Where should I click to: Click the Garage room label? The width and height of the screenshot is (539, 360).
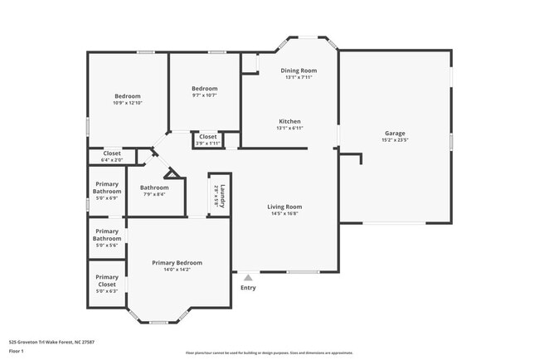click(x=394, y=133)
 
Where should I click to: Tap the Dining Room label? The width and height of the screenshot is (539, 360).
click(x=300, y=71)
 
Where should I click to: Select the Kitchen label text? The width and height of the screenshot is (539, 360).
click(x=289, y=121)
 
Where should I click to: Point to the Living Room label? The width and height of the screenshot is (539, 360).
click(x=284, y=207)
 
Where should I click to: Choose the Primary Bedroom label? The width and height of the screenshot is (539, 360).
click(x=177, y=262)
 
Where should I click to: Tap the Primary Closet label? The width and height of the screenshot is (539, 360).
click(x=106, y=280)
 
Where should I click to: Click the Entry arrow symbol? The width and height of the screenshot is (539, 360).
click(x=247, y=278)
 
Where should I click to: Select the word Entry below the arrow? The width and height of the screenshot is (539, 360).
click(x=248, y=288)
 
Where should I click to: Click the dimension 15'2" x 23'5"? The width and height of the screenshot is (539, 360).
click(x=394, y=140)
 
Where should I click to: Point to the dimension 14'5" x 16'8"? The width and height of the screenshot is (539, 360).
click(x=284, y=213)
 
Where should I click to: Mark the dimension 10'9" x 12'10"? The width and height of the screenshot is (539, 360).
click(x=128, y=103)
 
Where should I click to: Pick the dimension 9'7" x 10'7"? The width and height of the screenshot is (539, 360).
click(x=204, y=95)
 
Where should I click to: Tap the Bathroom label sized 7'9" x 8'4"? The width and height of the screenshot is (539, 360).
click(x=153, y=187)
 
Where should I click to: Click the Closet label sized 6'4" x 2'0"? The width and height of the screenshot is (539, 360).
click(x=112, y=153)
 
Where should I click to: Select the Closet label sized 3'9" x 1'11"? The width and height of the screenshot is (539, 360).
click(x=207, y=137)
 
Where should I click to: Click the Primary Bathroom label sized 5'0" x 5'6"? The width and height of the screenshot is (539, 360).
click(x=106, y=235)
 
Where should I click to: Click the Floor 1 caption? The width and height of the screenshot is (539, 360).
click(x=17, y=351)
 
